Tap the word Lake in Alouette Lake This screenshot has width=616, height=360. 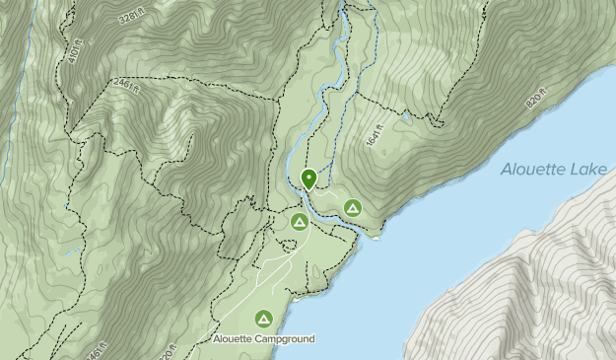(590, 170)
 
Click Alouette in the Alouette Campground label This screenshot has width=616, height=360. (235, 339)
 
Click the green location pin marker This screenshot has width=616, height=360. (308, 179)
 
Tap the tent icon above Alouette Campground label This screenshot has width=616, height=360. (263, 318)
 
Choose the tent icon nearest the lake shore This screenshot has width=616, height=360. (353, 208)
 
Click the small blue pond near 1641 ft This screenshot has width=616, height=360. (404, 116)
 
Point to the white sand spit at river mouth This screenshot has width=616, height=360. (373, 237)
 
